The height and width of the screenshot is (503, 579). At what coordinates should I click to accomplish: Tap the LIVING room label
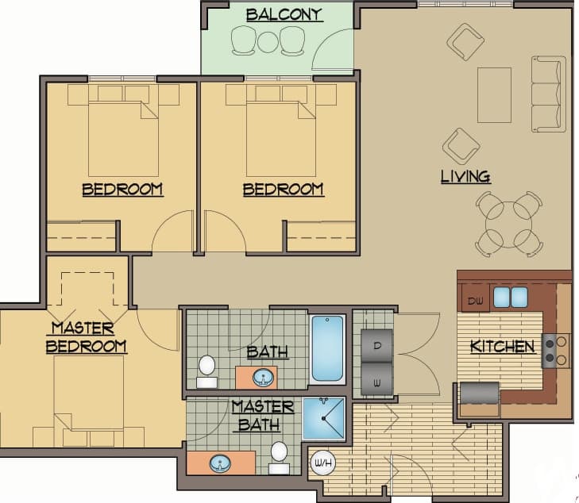point(465,176)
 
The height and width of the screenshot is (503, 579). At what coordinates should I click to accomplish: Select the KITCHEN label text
point(502,347)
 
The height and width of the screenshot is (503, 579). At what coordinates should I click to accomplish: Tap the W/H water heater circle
point(323,463)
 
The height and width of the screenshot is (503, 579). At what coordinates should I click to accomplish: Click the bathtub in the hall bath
point(327,349)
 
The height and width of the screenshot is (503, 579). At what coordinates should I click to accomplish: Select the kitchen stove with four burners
point(556,351)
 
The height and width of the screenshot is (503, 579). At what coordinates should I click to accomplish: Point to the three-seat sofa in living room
point(549,94)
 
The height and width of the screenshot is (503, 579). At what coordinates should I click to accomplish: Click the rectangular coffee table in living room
point(494,94)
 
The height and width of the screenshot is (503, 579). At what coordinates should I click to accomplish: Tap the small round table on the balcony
point(268,40)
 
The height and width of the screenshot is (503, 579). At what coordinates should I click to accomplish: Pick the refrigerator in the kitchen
point(479,394)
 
